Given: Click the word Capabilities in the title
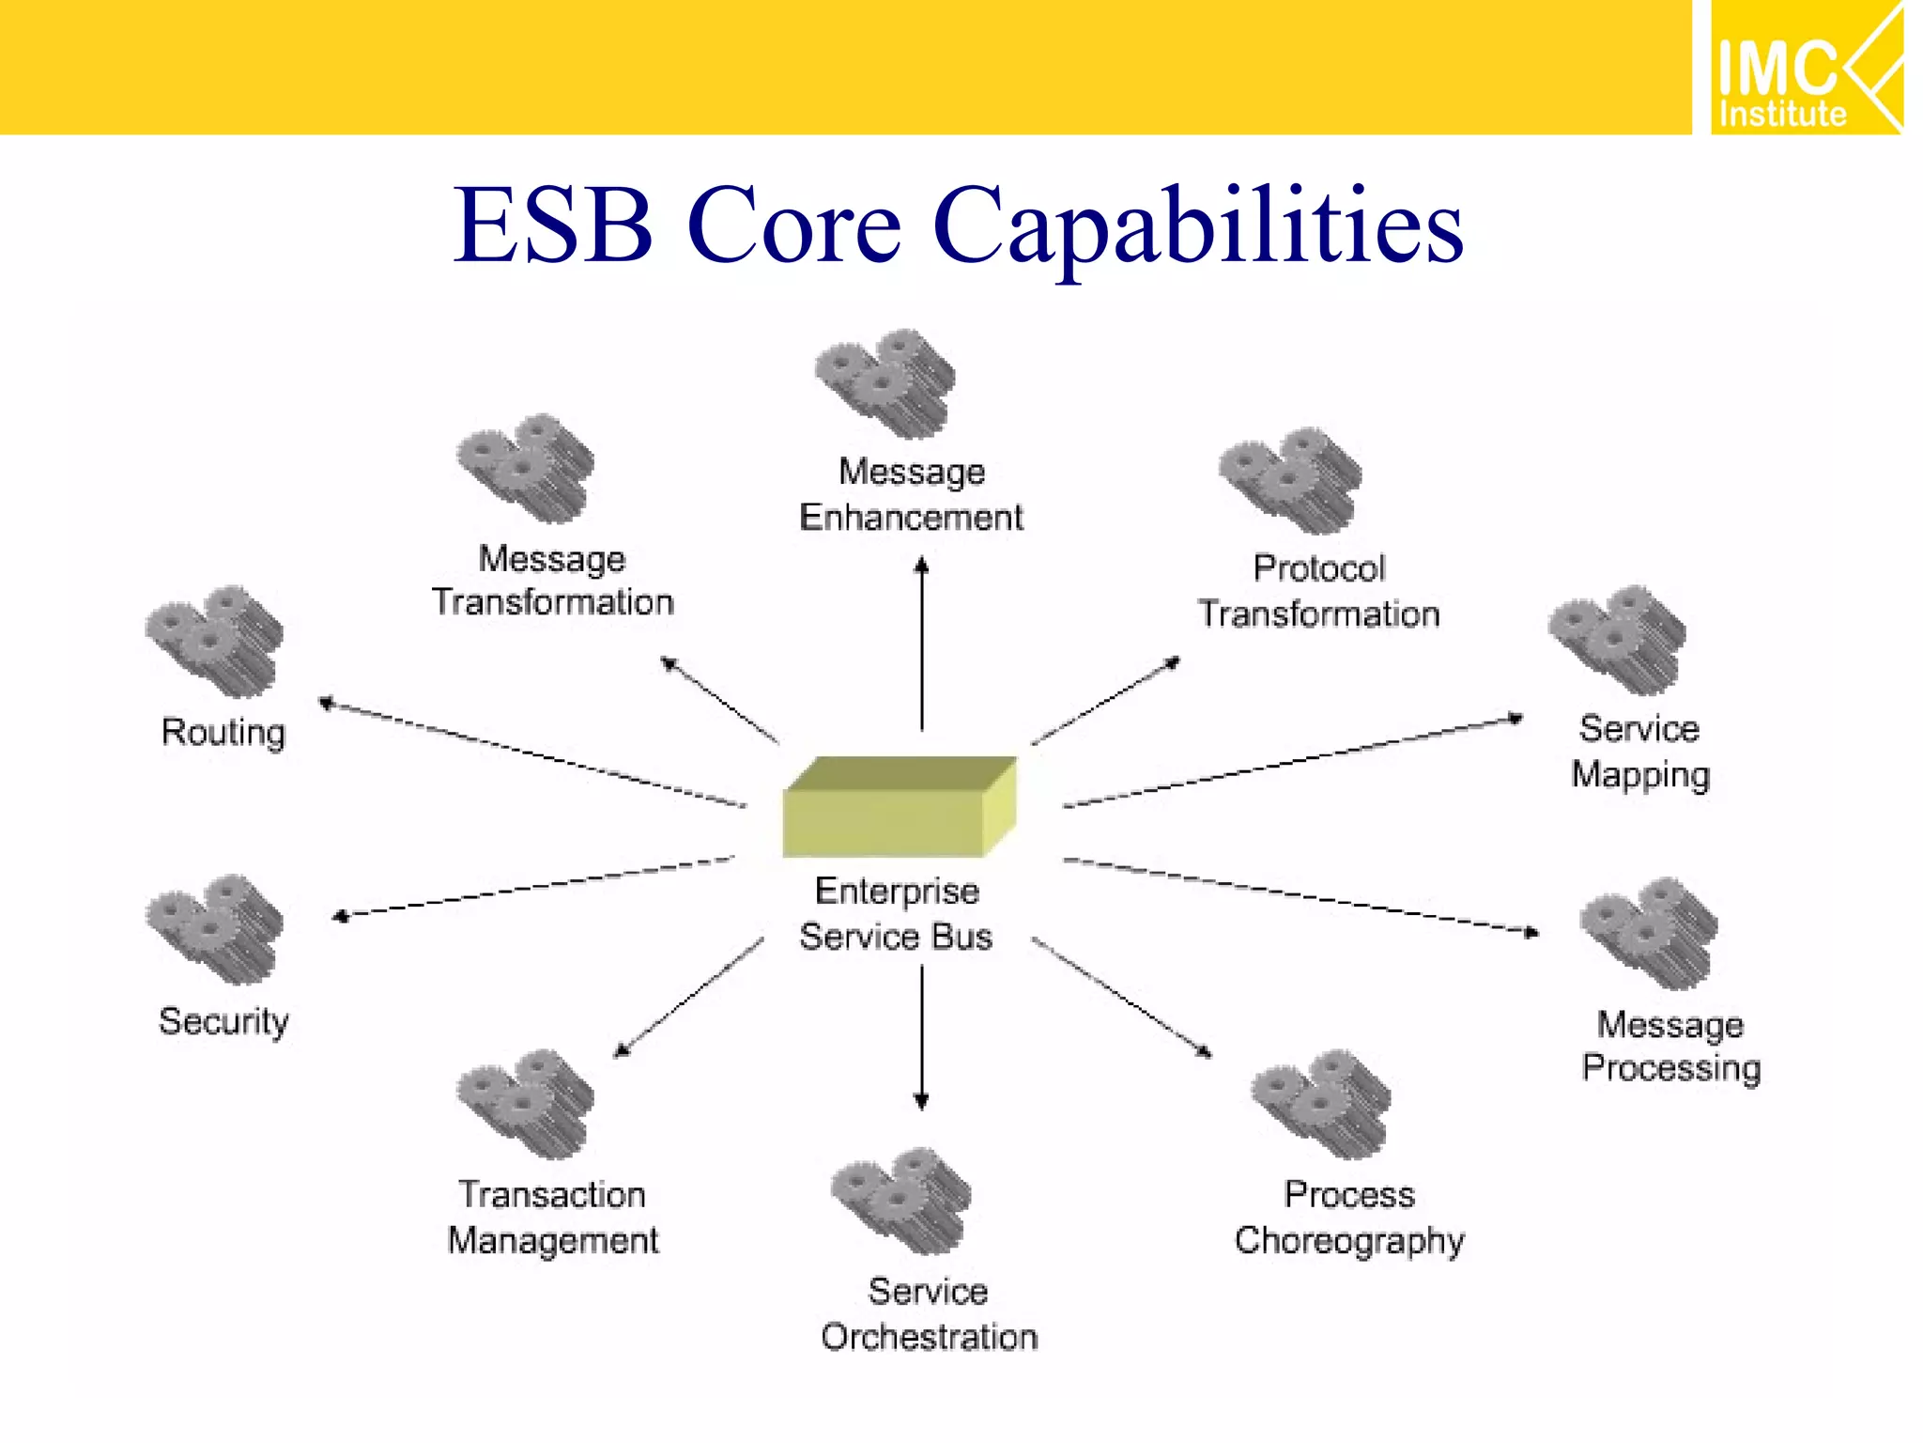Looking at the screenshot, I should [1197, 225].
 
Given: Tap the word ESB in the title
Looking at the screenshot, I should [553, 225].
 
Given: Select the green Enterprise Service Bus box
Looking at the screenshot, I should [899, 808].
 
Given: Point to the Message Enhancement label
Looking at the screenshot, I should [911, 494].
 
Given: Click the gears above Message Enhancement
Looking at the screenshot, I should [885, 383].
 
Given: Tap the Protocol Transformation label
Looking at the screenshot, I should [1318, 591].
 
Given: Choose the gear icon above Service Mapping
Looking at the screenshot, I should [1617, 641].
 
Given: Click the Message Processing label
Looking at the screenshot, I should [1670, 1046].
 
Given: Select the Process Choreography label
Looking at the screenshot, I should [1349, 1218].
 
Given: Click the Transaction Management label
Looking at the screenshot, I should [553, 1218].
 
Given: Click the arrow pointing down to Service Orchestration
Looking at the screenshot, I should [921, 1038].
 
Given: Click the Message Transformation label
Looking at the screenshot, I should [553, 581].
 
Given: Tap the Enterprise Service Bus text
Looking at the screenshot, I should [897, 914].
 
